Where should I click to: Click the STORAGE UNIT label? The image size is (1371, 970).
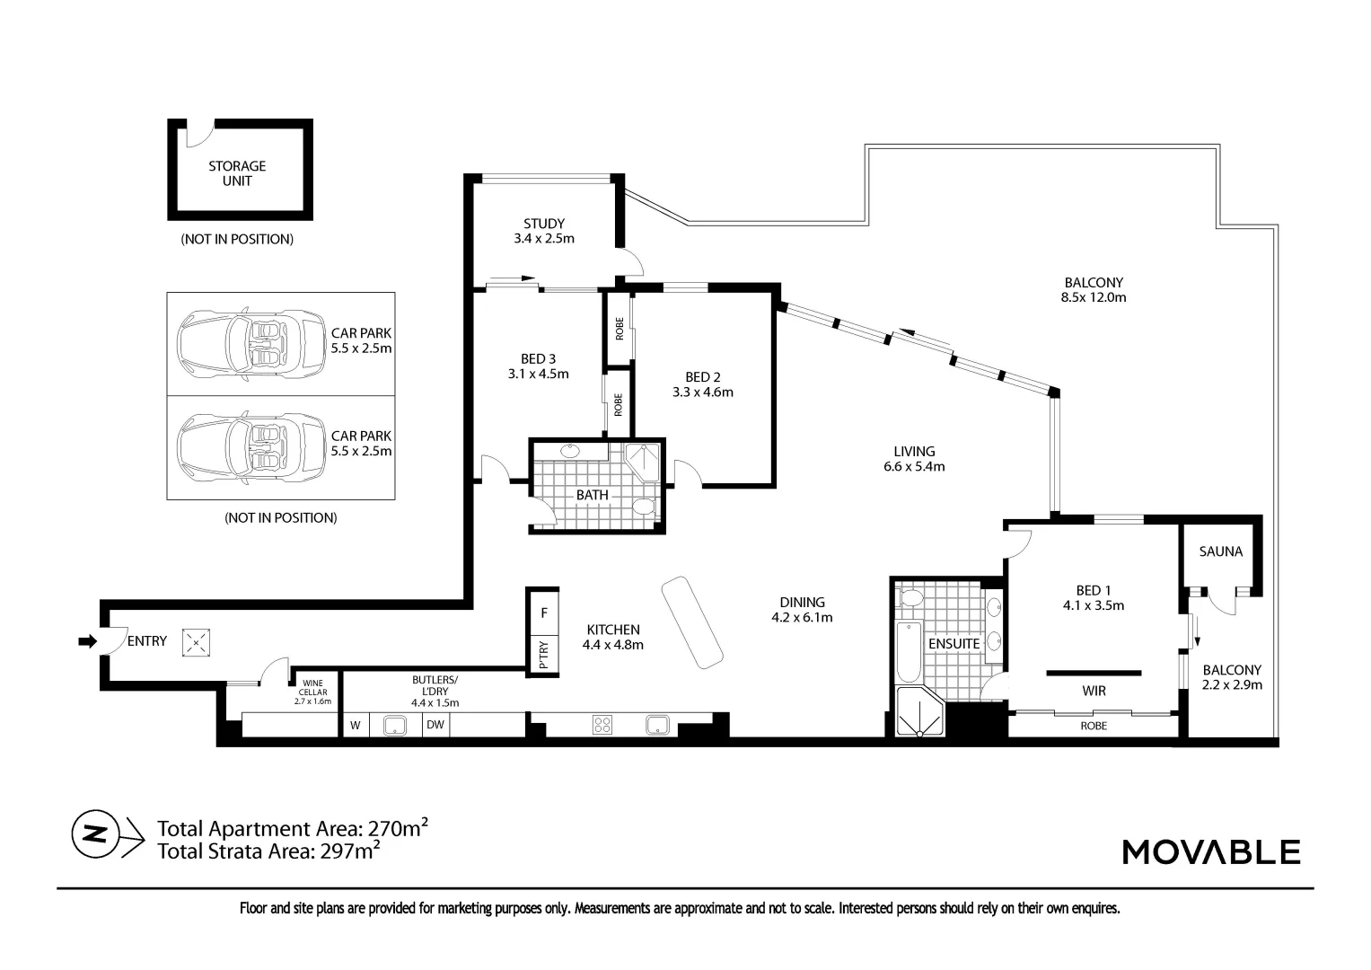[237, 173]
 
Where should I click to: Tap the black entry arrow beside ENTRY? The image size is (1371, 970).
[87, 641]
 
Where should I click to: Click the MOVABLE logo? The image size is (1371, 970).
[1211, 851]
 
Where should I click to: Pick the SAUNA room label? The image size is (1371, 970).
[1220, 551]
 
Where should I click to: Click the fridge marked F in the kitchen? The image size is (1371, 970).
[543, 613]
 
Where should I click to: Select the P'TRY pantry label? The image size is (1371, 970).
[544, 655]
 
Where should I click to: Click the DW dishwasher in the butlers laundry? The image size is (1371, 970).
[435, 725]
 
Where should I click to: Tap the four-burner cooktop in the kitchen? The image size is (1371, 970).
[602, 725]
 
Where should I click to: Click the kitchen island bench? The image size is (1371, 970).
[692, 622]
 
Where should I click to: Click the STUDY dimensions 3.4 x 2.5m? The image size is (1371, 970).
[544, 238]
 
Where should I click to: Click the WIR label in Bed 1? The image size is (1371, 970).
[1094, 691]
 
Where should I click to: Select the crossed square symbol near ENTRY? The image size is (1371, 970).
[196, 643]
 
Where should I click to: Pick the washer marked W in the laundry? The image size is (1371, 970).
[355, 726]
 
